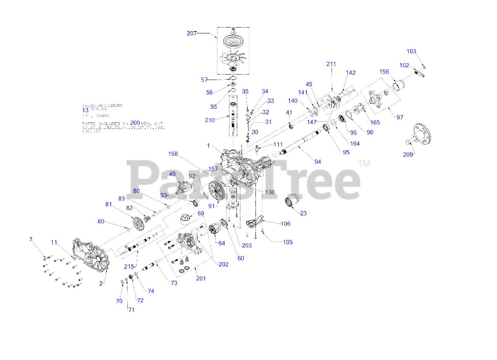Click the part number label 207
click(x=192, y=33)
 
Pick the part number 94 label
click(x=318, y=162)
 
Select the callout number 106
click(x=285, y=224)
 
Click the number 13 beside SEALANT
click(x=85, y=110)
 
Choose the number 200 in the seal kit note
click(x=135, y=122)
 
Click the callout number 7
click(x=31, y=239)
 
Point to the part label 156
click(x=384, y=72)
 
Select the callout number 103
click(x=411, y=51)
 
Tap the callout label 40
click(x=172, y=174)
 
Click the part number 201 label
click(x=201, y=278)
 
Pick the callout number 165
click(x=375, y=123)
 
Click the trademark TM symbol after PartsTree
click(x=364, y=164)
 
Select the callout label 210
click(x=210, y=120)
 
